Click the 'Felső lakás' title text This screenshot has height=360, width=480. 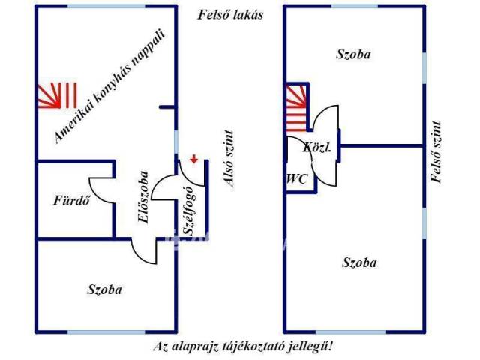(231, 14)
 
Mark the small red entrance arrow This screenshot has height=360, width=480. (194, 158)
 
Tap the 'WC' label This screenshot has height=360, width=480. (296, 179)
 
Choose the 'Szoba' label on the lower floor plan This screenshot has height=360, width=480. (104, 289)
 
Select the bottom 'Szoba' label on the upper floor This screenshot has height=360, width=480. (359, 262)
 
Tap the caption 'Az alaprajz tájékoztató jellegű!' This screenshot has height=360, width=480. (242, 346)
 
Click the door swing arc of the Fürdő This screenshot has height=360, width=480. (100, 192)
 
